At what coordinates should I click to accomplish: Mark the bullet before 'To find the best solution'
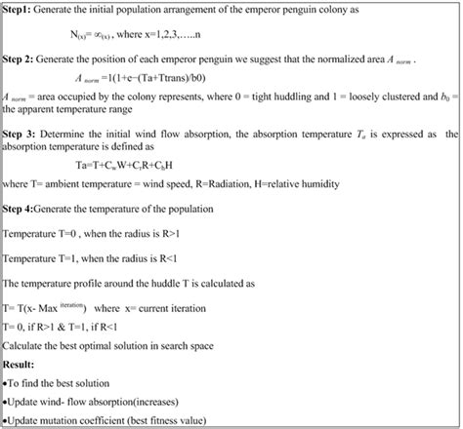click(6, 383)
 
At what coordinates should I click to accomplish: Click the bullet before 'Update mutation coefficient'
click(6, 420)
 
